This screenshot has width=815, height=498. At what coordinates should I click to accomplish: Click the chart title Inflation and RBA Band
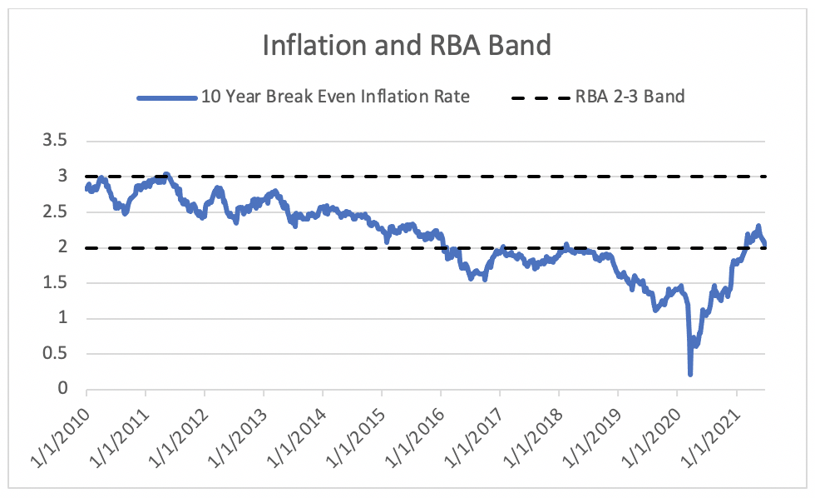point(407,45)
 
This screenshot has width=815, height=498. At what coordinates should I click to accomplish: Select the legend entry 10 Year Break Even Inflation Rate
point(335,97)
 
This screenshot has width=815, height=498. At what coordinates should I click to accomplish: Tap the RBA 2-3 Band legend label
point(630,97)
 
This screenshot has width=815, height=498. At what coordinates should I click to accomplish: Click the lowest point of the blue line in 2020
point(690,374)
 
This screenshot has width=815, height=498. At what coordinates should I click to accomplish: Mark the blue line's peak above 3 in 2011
point(166,175)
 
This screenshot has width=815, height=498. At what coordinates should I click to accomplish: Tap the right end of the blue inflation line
point(764,243)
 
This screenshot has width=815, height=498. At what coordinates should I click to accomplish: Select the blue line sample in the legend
point(165,97)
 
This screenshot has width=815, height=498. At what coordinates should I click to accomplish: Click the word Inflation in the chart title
point(308,45)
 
